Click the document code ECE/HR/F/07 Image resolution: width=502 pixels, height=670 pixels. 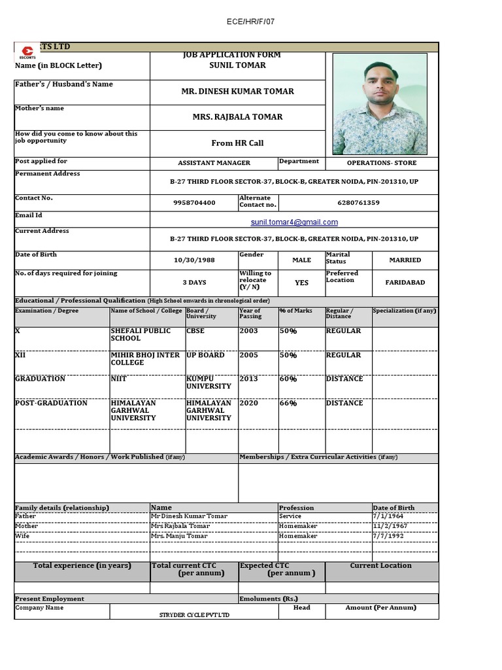pyautogui.click(x=250, y=22)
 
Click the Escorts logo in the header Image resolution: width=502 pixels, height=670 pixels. pyautogui.click(x=27, y=52)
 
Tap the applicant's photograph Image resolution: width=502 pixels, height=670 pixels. pyautogui.click(x=380, y=104)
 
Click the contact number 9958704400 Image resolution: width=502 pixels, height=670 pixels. pyautogui.click(x=194, y=203)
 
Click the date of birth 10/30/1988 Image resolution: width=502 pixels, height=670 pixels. pyautogui.click(x=194, y=260)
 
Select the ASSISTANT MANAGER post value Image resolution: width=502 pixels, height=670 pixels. pyautogui.click(x=214, y=163)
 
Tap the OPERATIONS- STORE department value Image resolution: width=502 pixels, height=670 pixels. pyautogui.click(x=381, y=163)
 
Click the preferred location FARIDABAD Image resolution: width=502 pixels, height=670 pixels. pyautogui.click(x=405, y=283)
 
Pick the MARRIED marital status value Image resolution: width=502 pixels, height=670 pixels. pyautogui.click(x=405, y=260)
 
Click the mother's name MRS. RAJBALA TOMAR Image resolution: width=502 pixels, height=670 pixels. pyautogui.click(x=237, y=117)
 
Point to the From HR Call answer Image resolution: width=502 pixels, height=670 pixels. pyautogui.click(x=237, y=143)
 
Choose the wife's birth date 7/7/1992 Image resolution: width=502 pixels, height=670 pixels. pyautogui.click(x=388, y=536)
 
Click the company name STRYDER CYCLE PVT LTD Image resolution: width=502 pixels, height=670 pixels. pyautogui.click(x=195, y=615)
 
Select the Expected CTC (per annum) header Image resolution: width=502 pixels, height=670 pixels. pyautogui.click(x=281, y=570)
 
